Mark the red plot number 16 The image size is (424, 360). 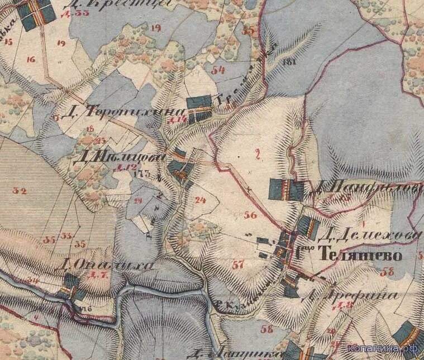[31, 59]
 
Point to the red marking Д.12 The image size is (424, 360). [129, 167]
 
